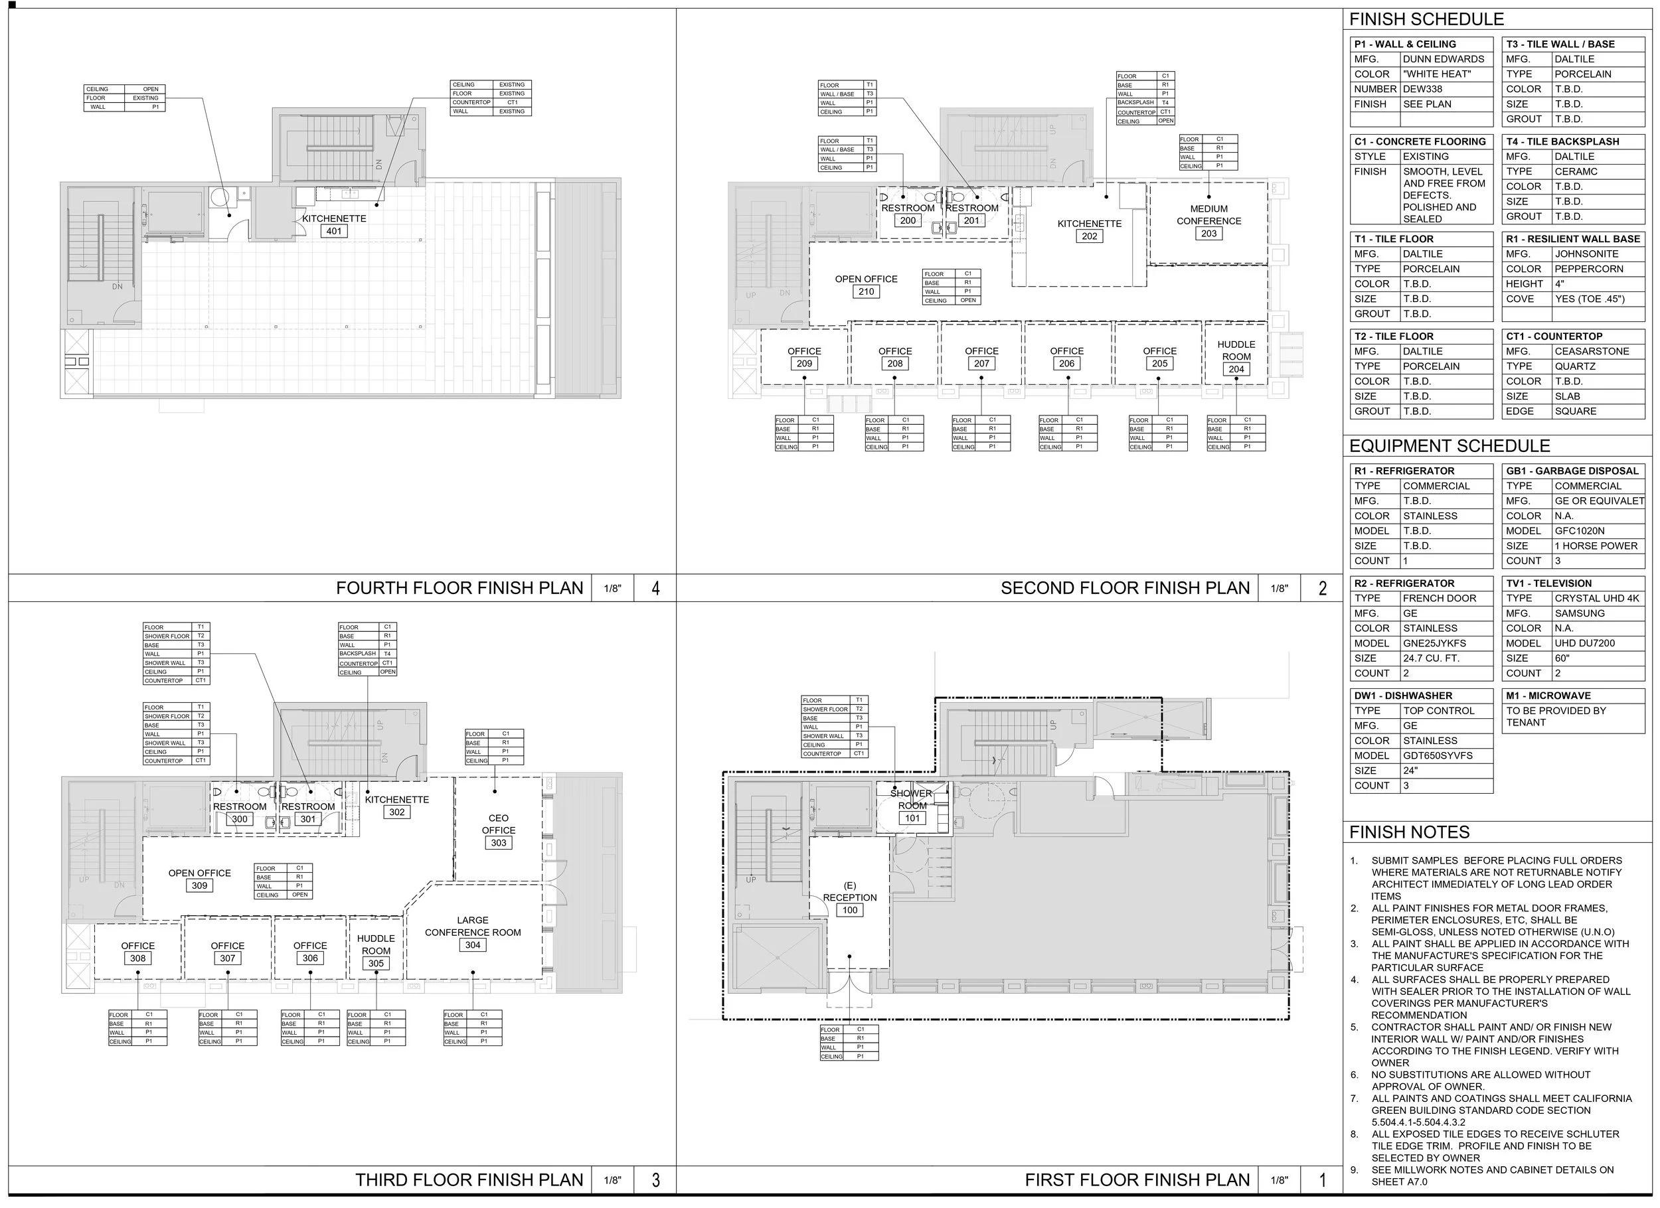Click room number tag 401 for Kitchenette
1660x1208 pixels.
click(334, 231)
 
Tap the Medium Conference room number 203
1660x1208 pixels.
click(1208, 234)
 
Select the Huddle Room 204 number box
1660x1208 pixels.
click(1236, 370)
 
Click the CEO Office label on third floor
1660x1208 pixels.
click(499, 824)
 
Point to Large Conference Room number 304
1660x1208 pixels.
click(473, 945)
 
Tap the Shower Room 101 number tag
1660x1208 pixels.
click(912, 819)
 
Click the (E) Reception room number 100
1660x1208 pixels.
click(850, 911)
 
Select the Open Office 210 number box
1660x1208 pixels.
click(866, 292)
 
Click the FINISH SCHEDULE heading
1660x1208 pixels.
click(1426, 20)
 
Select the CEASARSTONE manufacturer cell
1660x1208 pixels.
click(1592, 352)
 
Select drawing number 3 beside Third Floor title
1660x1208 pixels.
click(655, 1180)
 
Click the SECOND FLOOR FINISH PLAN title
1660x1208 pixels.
click(1125, 588)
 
